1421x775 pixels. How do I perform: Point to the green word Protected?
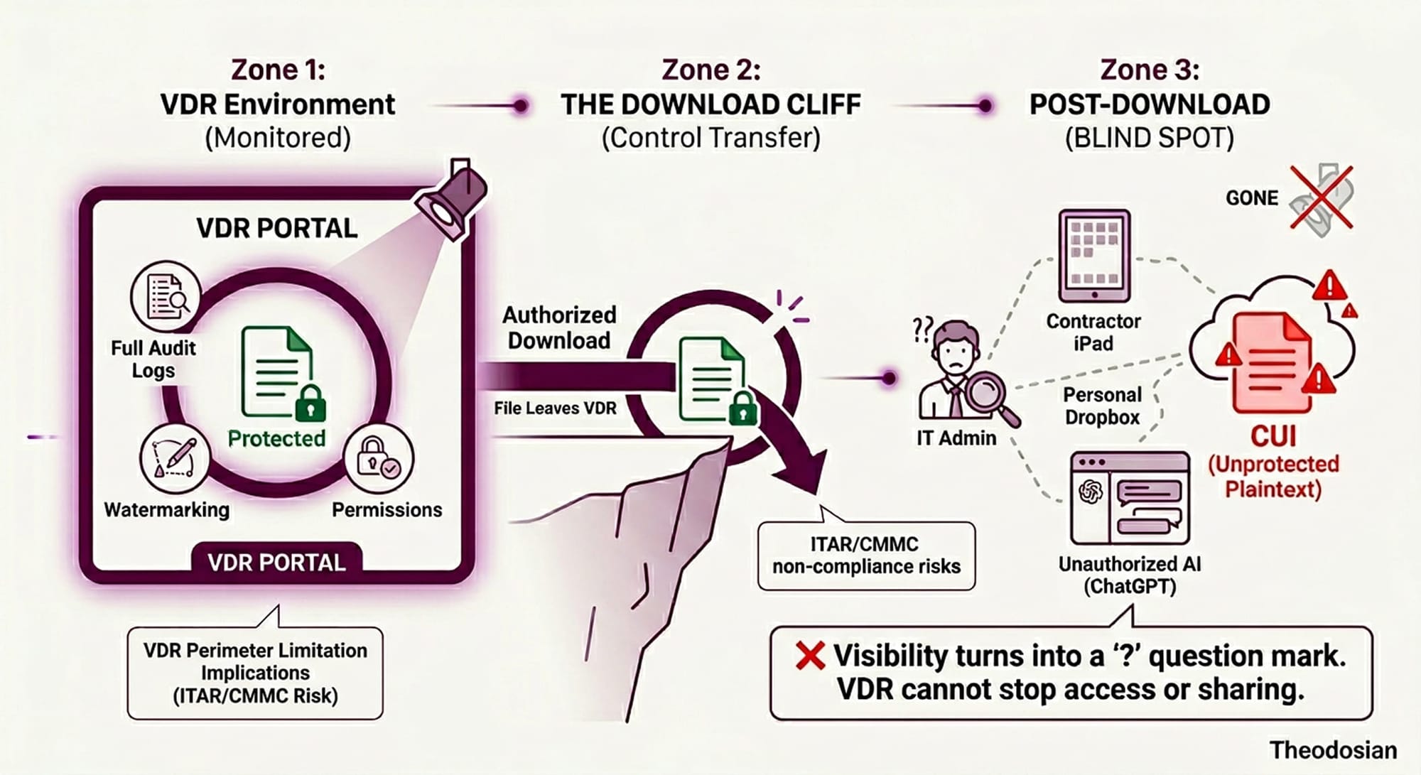(276, 438)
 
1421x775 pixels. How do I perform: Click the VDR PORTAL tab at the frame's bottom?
(276, 563)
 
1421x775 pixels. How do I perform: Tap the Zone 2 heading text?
(710, 70)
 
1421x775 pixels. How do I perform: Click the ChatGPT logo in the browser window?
(1090, 492)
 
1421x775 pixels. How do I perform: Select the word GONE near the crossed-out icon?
(1252, 198)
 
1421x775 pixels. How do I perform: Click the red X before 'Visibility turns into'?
(810, 656)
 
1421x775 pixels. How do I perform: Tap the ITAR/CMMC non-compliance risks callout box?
(866, 555)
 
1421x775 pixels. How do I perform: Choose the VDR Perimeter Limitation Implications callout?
(255, 672)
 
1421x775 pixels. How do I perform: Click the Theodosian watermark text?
(1333, 750)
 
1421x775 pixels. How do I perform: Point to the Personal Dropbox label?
(1102, 406)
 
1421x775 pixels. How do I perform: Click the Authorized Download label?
(559, 327)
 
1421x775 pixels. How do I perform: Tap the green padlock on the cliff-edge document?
(742, 408)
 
